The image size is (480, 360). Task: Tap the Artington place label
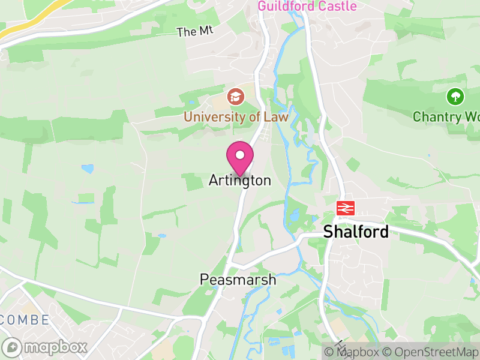tap(240, 180)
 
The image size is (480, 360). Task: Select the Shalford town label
tap(356, 232)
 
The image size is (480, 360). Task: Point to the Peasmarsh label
tap(238, 280)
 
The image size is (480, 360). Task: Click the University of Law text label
tap(236, 116)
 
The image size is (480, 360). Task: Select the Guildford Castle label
tap(307, 7)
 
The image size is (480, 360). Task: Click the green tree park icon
tap(455, 97)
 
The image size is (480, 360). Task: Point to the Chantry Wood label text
tap(446, 116)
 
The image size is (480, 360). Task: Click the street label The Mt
tap(195, 32)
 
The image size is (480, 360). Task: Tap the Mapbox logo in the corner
tap(45, 347)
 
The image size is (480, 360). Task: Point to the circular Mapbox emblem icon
tap(13, 347)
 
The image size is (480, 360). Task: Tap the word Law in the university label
tap(275, 116)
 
